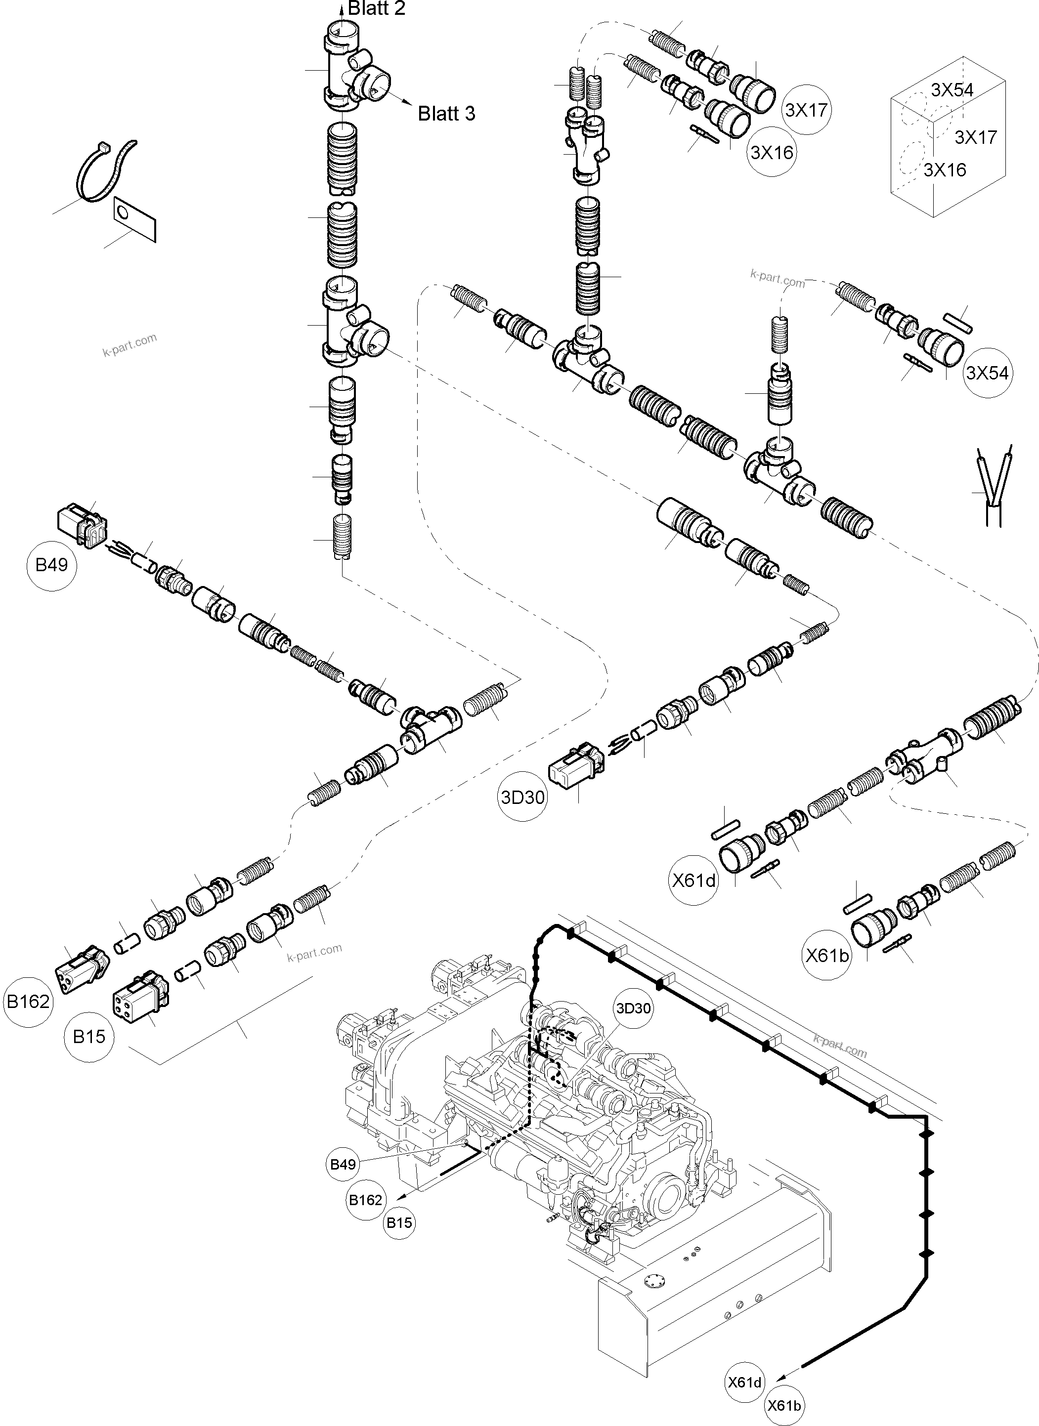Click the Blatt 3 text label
[x=446, y=114]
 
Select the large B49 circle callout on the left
[x=51, y=565]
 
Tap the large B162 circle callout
[x=28, y=1001]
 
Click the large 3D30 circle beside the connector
[x=522, y=797]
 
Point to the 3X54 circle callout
[x=987, y=373]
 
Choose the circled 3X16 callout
[x=772, y=152]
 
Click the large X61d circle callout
[x=693, y=880]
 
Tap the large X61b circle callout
[x=827, y=955]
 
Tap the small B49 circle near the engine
[x=343, y=1164]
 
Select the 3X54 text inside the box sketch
[x=952, y=90]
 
